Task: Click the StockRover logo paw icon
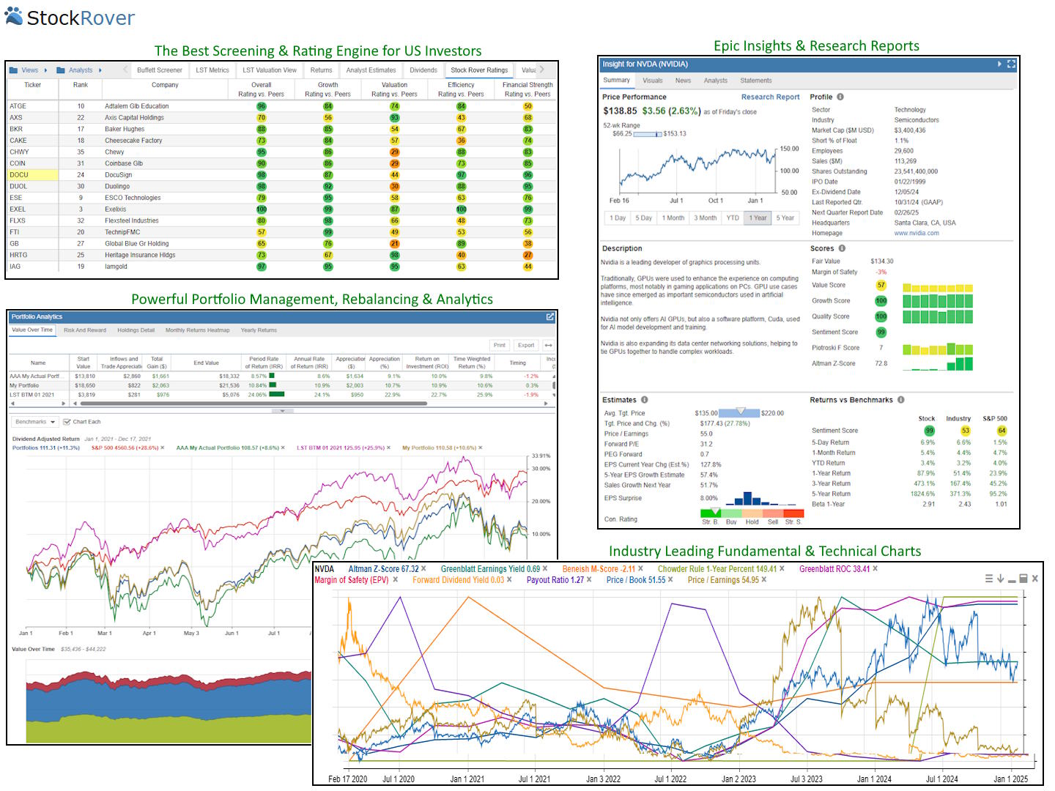(x=14, y=16)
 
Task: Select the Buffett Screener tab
(x=159, y=70)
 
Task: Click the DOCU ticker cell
(x=19, y=175)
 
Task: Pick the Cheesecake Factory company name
(x=133, y=141)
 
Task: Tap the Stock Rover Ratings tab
(x=479, y=70)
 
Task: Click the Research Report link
(x=770, y=97)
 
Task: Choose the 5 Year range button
(x=786, y=218)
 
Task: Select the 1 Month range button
(x=673, y=218)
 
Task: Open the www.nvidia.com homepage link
(x=916, y=233)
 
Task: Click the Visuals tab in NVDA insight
(x=652, y=81)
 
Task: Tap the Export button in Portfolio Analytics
(x=525, y=345)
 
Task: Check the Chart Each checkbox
(x=67, y=422)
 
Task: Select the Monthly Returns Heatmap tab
(x=197, y=330)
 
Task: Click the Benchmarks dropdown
(x=35, y=422)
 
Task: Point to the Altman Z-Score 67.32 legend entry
(x=383, y=569)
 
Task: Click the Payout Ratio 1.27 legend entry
(x=555, y=580)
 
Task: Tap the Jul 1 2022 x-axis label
(x=670, y=779)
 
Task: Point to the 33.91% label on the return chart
(x=541, y=456)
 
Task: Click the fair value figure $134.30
(x=881, y=261)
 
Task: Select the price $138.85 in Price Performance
(x=620, y=111)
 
